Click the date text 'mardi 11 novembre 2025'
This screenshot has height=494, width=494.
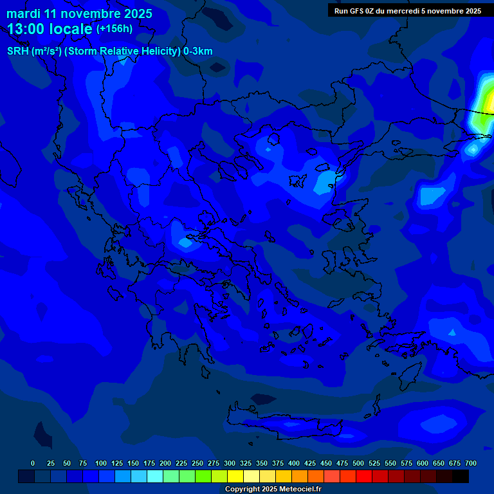(x=79, y=14)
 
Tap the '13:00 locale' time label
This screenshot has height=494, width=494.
(x=50, y=28)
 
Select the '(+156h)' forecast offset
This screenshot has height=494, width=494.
(x=114, y=28)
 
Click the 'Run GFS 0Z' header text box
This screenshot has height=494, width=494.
(x=408, y=11)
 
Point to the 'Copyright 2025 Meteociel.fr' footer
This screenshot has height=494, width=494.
(x=273, y=489)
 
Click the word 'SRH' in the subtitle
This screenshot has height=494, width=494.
(x=18, y=51)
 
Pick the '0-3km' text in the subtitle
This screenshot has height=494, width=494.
(x=198, y=51)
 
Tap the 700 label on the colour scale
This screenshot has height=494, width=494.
(x=471, y=463)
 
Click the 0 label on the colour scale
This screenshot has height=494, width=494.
(x=33, y=463)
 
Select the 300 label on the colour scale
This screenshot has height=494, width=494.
(x=230, y=463)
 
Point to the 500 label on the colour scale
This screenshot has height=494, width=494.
(x=358, y=463)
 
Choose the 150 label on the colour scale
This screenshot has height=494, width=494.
(x=133, y=463)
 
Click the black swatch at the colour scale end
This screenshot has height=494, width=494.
(x=461, y=476)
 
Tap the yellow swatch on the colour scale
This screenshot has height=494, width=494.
(x=235, y=476)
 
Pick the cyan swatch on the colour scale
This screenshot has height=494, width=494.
(x=155, y=476)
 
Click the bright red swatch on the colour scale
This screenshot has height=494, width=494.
(x=364, y=476)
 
